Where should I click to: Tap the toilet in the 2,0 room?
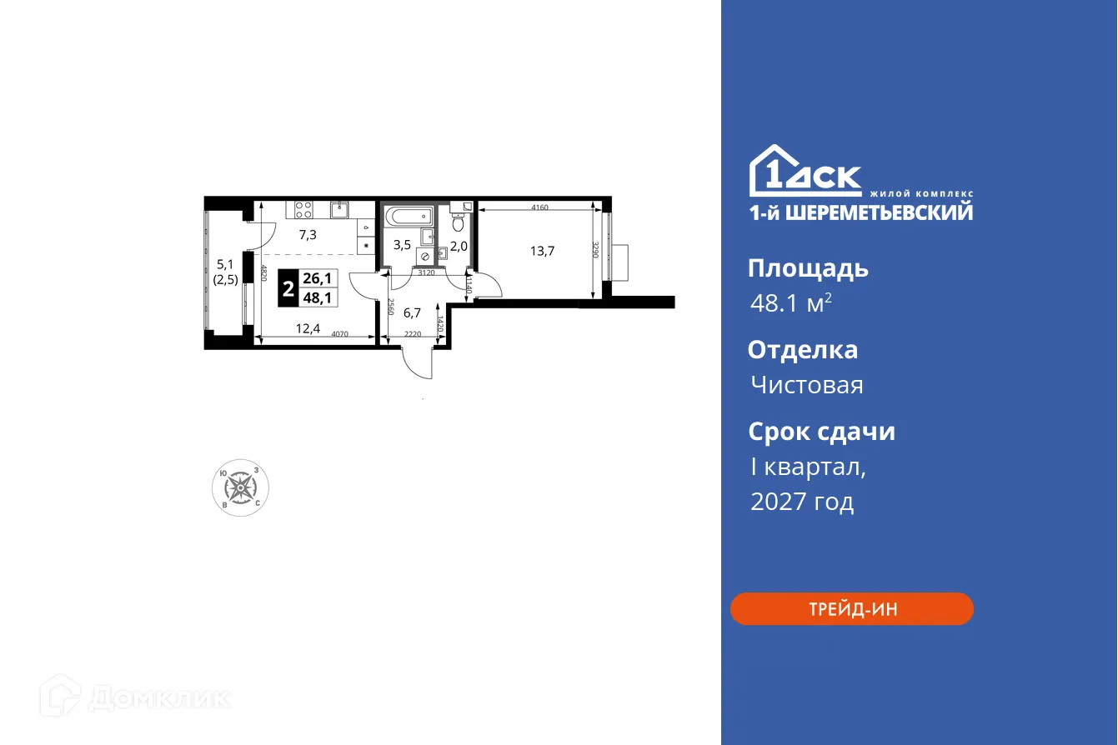coord(458,221)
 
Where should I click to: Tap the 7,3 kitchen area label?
coord(308,235)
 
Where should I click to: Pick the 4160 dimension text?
coord(539,207)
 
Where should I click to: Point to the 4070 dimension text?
coord(339,336)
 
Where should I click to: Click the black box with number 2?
coord(288,291)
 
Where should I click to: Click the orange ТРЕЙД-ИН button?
coord(852,609)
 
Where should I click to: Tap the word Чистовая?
coord(806,385)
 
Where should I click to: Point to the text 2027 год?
coord(802,502)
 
